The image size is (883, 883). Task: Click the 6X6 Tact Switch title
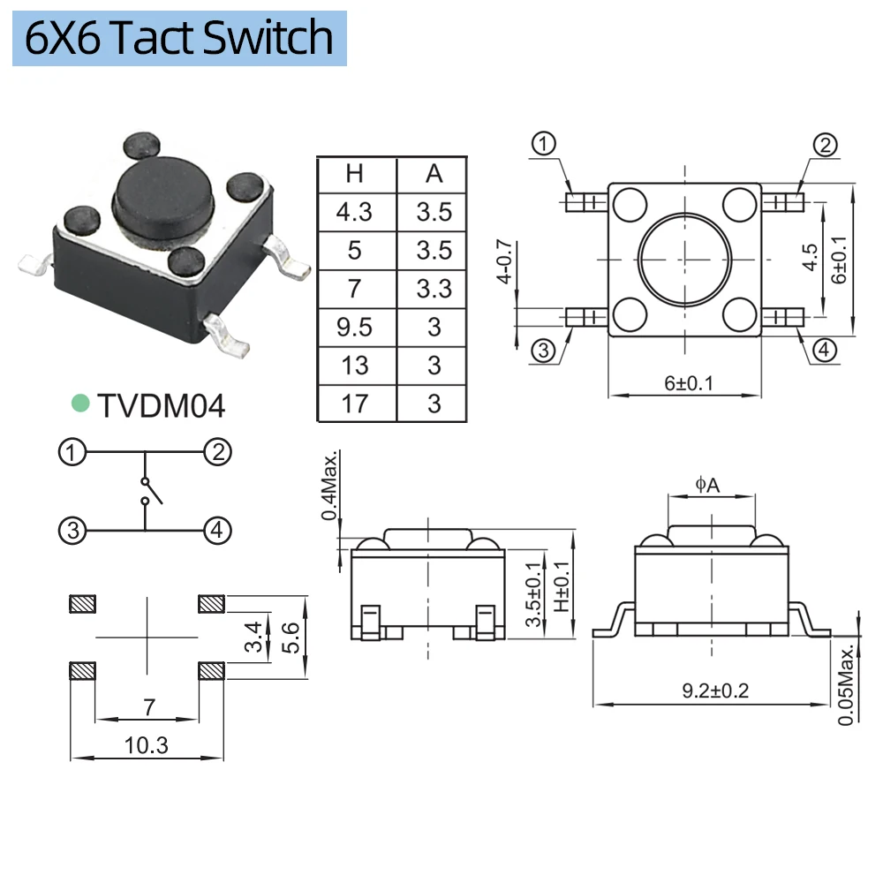179,38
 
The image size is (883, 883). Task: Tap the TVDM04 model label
162,405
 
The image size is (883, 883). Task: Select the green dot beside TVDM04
80,404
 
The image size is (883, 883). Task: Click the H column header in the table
355,174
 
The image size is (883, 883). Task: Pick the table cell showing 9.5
355,328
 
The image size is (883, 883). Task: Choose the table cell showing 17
355,404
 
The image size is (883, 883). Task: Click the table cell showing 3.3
434,289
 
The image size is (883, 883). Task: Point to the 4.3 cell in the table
355,212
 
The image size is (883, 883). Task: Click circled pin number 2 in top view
824,146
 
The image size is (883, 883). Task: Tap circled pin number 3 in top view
543,351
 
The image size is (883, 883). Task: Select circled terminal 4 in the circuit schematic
218,531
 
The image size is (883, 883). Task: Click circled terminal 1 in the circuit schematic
72,454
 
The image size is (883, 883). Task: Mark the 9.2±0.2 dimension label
715,691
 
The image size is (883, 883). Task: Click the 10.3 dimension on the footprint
147,745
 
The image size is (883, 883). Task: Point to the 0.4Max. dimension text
330,487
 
